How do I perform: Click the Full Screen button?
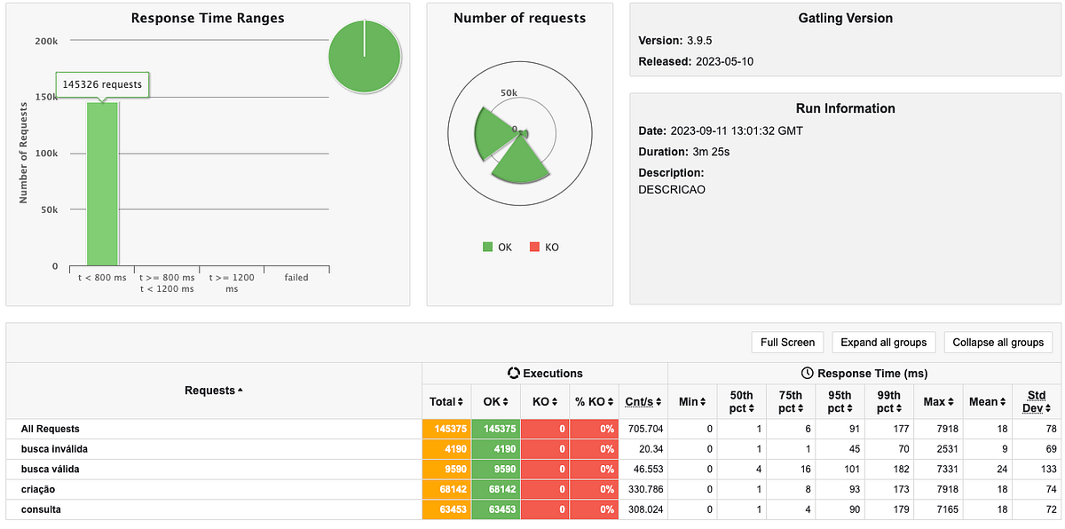[x=787, y=343]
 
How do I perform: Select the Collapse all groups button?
[x=998, y=343]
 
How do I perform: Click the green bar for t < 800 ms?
[x=102, y=186]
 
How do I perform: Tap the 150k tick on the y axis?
[x=46, y=97]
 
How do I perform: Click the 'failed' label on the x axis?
[x=296, y=278]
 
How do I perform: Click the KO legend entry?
[x=544, y=247]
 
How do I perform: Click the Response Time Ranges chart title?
[x=207, y=19]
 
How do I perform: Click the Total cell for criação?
[x=446, y=489]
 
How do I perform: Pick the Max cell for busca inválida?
[x=936, y=448]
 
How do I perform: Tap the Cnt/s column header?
[x=643, y=402]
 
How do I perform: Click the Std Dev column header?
[x=1035, y=401]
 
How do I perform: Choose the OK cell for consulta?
[x=495, y=509]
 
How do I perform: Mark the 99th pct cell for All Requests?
[x=888, y=429]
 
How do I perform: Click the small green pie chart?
[x=364, y=55]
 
